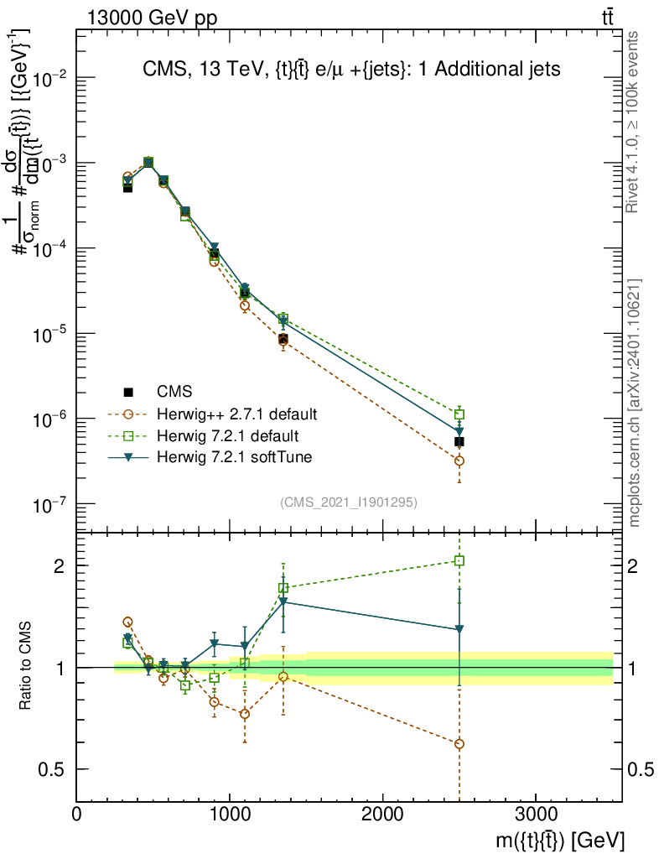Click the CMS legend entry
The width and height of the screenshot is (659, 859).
pyautogui.click(x=174, y=391)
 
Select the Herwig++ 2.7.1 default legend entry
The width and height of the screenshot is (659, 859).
pyautogui.click(x=236, y=414)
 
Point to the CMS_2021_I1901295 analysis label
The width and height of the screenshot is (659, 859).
pyautogui.click(x=349, y=502)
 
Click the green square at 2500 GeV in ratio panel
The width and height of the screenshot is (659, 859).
pyautogui.click(x=459, y=560)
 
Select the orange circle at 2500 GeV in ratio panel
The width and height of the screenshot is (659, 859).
pyautogui.click(x=459, y=744)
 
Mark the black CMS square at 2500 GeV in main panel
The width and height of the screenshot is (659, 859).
pyautogui.click(x=459, y=441)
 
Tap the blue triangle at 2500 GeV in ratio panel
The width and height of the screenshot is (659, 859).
pyautogui.click(x=459, y=628)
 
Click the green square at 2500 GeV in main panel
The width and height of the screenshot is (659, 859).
pyautogui.click(x=459, y=414)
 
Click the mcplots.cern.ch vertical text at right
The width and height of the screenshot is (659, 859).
pyautogui.click(x=636, y=403)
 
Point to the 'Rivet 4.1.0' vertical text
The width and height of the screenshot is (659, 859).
pyautogui.click(x=634, y=122)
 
